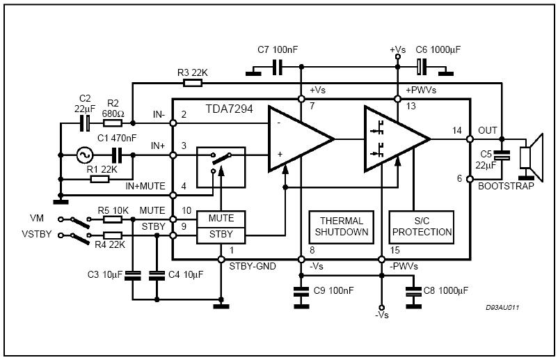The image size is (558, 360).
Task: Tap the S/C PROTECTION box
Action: click(421, 226)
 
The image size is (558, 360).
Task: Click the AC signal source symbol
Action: click(87, 155)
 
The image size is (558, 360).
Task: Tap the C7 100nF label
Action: click(277, 50)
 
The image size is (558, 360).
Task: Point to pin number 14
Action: click(456, 130)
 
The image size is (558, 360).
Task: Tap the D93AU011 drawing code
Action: click(503, 306)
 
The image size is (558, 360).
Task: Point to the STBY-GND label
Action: click(251, 265)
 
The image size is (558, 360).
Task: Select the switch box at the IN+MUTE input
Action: click(221, 166)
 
